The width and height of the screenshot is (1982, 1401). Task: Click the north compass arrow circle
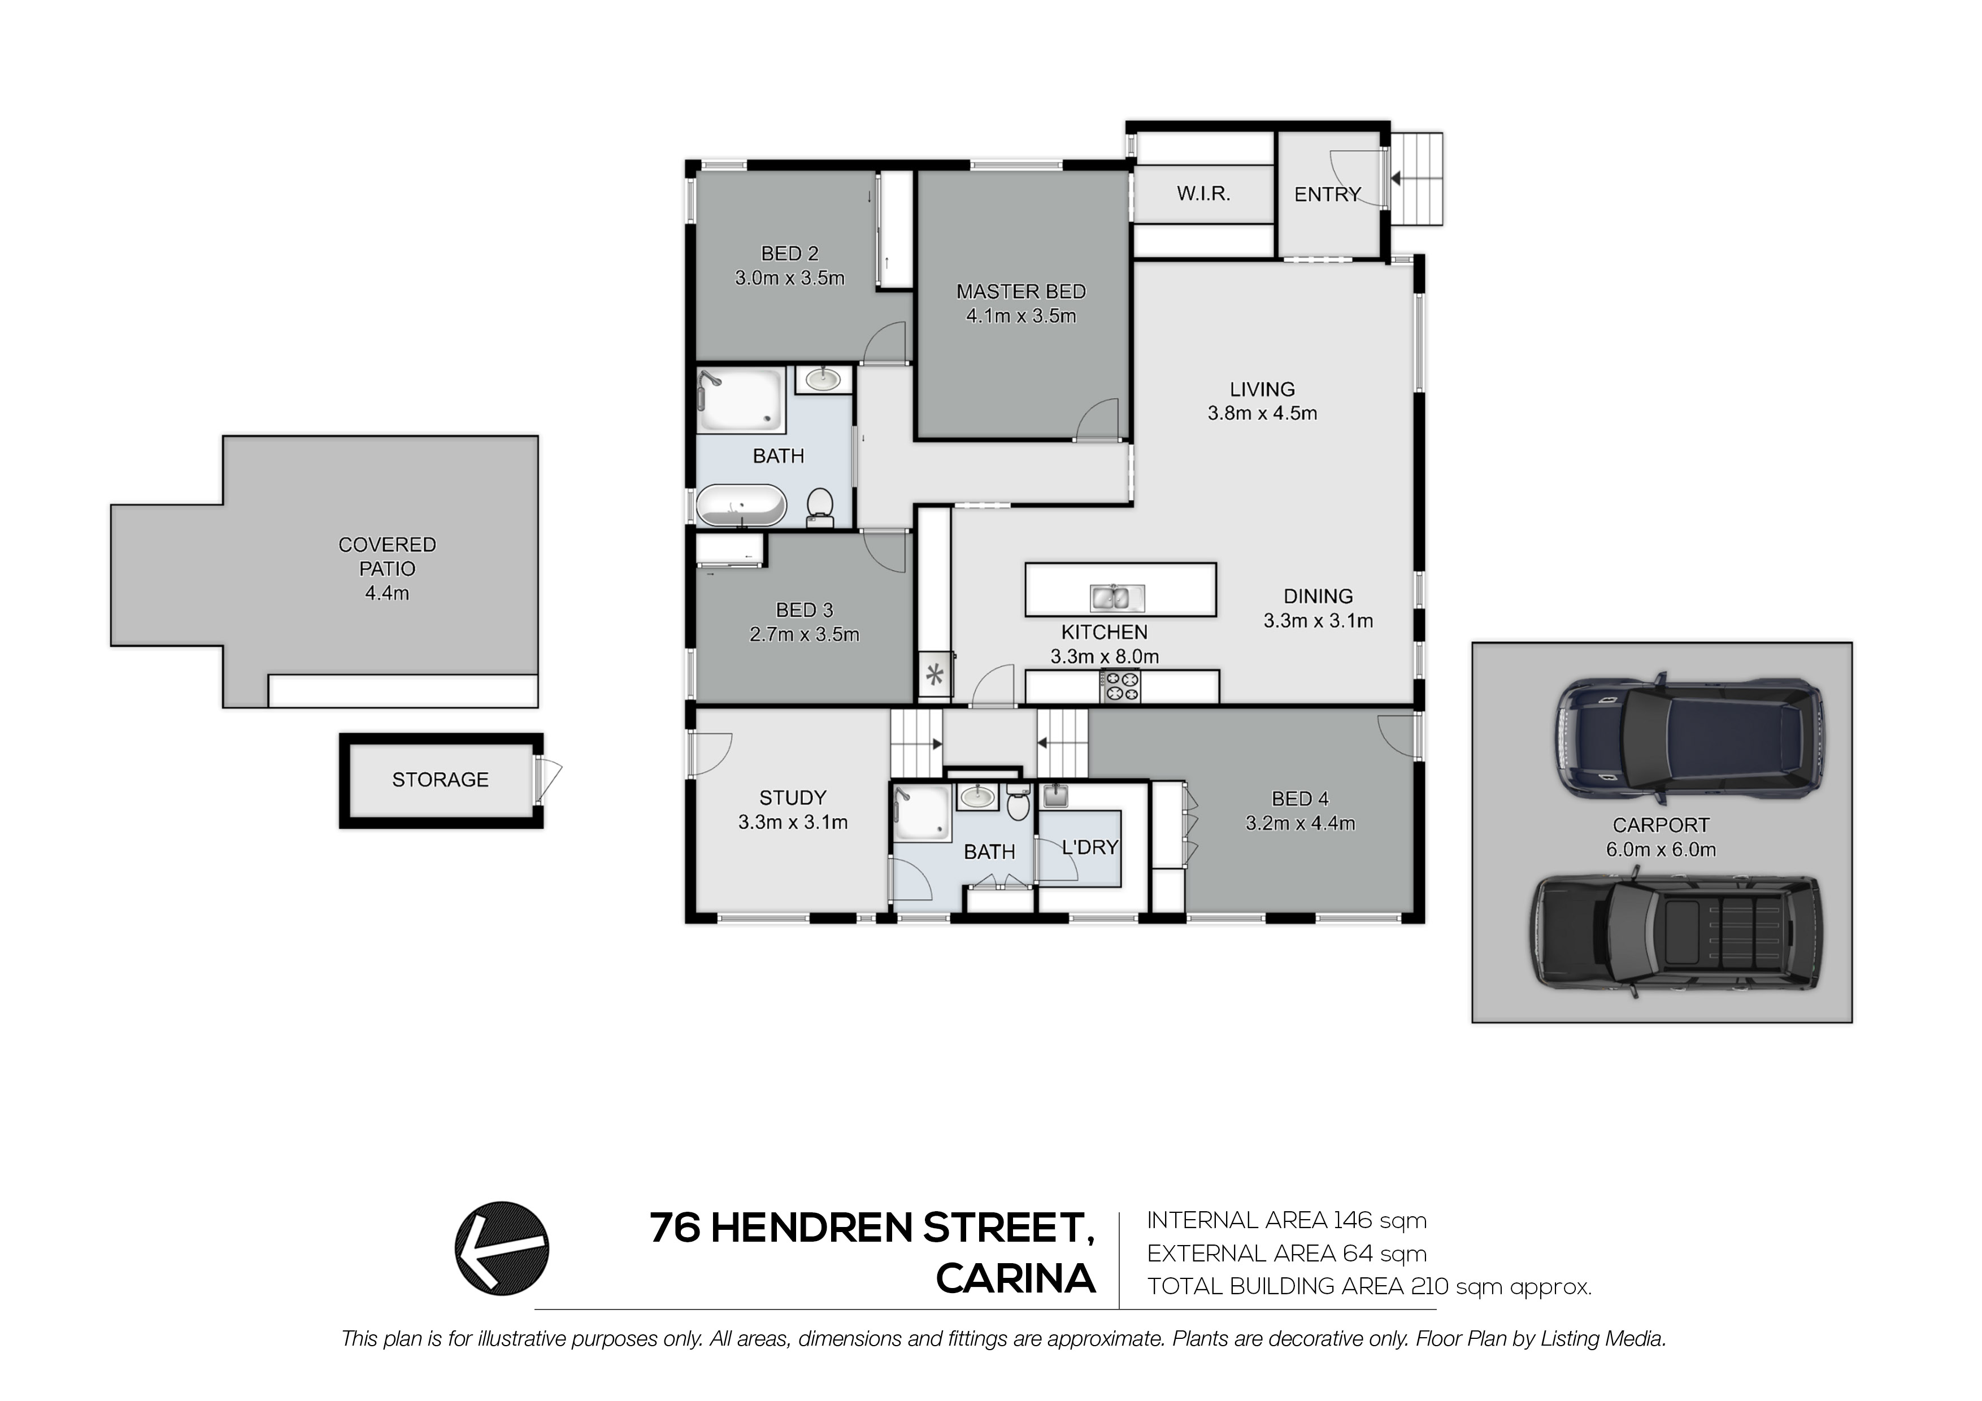pos(502,1248)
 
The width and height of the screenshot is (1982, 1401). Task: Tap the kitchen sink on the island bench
pos(1117,597)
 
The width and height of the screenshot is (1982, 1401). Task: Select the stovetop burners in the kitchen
pos(1120,686)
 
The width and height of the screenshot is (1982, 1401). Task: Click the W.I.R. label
pos(1203,193)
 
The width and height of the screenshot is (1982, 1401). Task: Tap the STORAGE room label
pos(440,780)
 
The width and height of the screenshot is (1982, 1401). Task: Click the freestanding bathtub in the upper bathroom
pos(741,505)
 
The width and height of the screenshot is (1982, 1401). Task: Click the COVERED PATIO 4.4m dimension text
pos(386,593)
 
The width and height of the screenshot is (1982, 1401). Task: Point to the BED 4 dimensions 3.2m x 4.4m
pos(1300,824)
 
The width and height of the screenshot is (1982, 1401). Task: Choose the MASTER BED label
pos(1021,291)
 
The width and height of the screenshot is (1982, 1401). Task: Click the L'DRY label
pos(1089,848)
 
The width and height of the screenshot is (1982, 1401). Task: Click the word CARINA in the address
pos(1016,1278)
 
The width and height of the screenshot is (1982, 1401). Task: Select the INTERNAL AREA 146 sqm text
pos(1286,1221)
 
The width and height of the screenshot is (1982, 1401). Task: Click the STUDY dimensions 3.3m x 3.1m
pos(793,823)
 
